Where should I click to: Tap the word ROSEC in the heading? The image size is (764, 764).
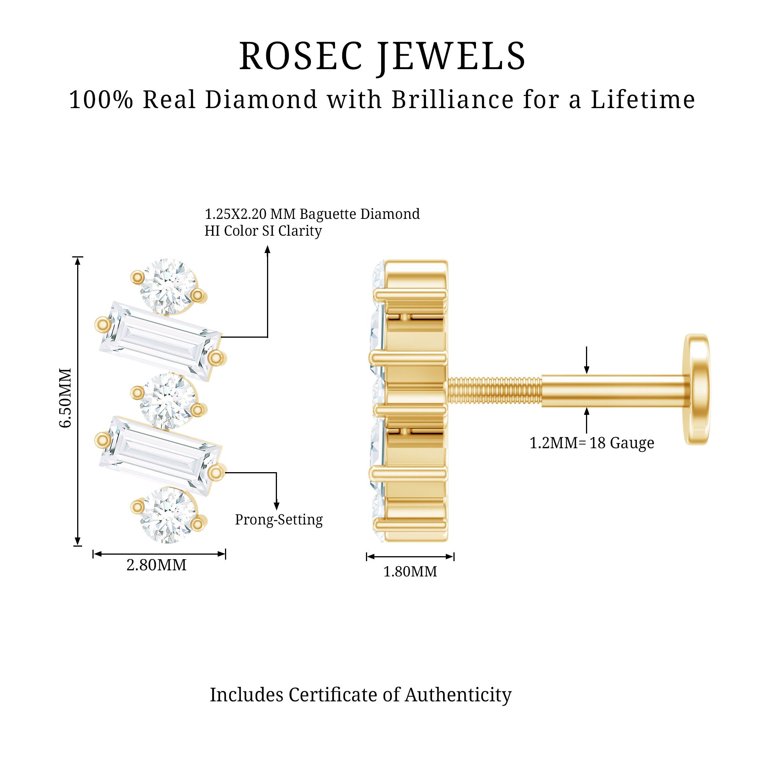301,57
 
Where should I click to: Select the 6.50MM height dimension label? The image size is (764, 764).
66,397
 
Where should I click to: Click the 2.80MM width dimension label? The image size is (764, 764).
156,565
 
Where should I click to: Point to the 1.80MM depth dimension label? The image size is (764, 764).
410,572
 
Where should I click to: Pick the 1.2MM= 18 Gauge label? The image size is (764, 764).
592,443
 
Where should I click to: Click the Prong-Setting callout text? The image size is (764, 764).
279,520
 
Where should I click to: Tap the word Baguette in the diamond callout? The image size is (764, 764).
328,214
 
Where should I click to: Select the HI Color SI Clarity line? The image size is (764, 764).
263,231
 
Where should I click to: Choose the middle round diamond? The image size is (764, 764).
168,401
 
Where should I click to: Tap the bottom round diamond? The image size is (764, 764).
168,515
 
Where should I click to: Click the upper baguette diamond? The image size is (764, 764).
160,341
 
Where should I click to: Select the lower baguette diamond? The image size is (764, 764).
160,456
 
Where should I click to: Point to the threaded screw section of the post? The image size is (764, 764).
494,391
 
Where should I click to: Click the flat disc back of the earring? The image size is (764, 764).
696,390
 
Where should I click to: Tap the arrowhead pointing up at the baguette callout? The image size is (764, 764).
267,249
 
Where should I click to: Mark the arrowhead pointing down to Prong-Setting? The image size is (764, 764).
277,506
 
